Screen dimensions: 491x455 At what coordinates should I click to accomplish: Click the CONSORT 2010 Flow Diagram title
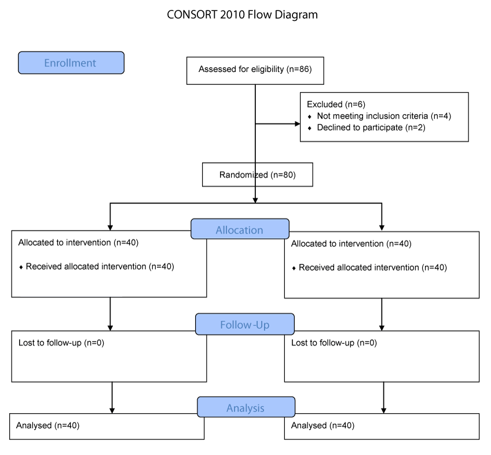point(242,14)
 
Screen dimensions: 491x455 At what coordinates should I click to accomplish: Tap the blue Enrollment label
point(71,63)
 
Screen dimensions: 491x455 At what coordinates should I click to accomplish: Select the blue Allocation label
point(240,229)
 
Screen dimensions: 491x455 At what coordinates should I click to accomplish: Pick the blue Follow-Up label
point(245,325)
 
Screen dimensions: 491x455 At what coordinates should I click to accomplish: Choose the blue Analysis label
point(246,407)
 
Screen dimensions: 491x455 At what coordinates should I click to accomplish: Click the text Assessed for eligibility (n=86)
point(255,69)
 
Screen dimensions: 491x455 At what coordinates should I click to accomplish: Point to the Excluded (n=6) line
point(336,104)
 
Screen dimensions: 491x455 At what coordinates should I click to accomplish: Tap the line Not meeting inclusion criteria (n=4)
point(384,117)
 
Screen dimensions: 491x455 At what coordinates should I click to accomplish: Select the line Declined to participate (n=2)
point(371,128)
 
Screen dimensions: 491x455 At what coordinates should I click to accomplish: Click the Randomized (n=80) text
point(258,175)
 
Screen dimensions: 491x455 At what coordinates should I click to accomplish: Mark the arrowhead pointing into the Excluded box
point(298,124)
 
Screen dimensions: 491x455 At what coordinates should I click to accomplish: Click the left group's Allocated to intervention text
point(78,243)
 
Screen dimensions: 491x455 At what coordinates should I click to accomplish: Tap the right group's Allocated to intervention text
point(351,244)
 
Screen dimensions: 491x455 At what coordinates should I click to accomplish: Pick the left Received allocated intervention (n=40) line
point(100,267)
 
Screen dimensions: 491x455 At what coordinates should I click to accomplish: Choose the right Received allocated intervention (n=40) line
point(373,268)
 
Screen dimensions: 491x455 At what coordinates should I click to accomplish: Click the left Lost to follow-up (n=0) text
point(61,343)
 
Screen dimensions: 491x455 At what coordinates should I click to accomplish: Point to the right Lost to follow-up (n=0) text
point(334,343)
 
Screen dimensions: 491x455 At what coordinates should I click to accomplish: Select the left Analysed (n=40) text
point(47,425)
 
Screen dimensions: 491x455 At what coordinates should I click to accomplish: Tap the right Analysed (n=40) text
point(323,425)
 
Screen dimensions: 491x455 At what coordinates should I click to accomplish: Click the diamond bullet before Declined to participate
point(310,129)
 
